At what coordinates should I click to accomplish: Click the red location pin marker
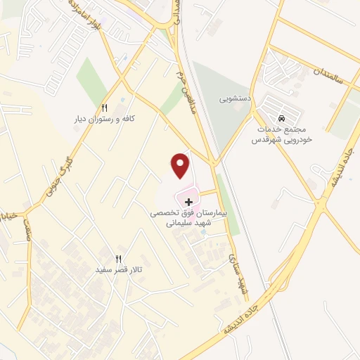(x=181, y=166)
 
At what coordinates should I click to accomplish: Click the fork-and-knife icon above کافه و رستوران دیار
(x=104, y=108)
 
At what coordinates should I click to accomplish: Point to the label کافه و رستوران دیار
(x=104, y=120)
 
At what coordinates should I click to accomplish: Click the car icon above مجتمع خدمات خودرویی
(x=282, y=118)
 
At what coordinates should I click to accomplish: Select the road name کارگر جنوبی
(x=58, y=175)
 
